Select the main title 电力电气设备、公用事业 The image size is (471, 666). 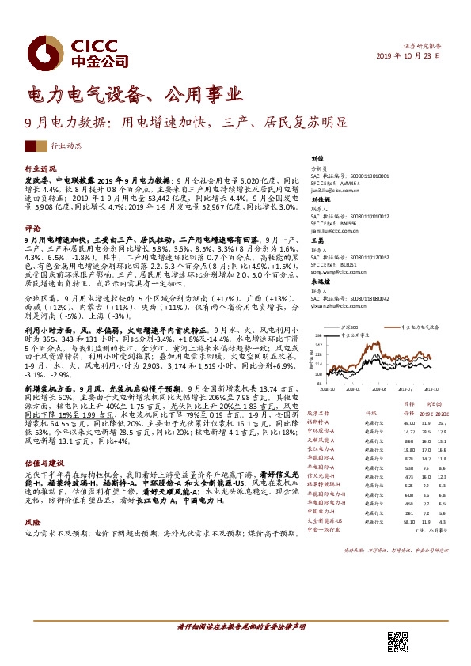pos(134,96)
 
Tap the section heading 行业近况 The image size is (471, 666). pos(40,169)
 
